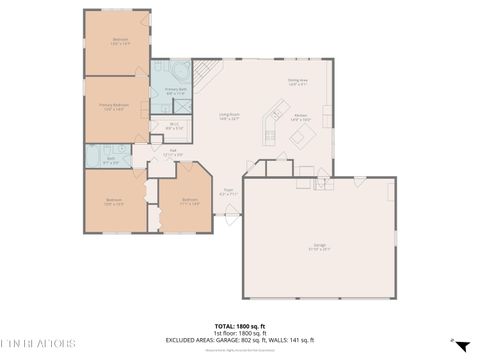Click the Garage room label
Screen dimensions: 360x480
point(319,246)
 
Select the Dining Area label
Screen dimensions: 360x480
point(298,82)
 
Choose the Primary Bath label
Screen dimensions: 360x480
point(176,91)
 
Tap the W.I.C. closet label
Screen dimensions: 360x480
point(173,126)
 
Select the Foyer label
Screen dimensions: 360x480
point(228,191)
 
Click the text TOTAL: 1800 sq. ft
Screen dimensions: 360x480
point(238,326)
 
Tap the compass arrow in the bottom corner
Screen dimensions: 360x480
point(460,346)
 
